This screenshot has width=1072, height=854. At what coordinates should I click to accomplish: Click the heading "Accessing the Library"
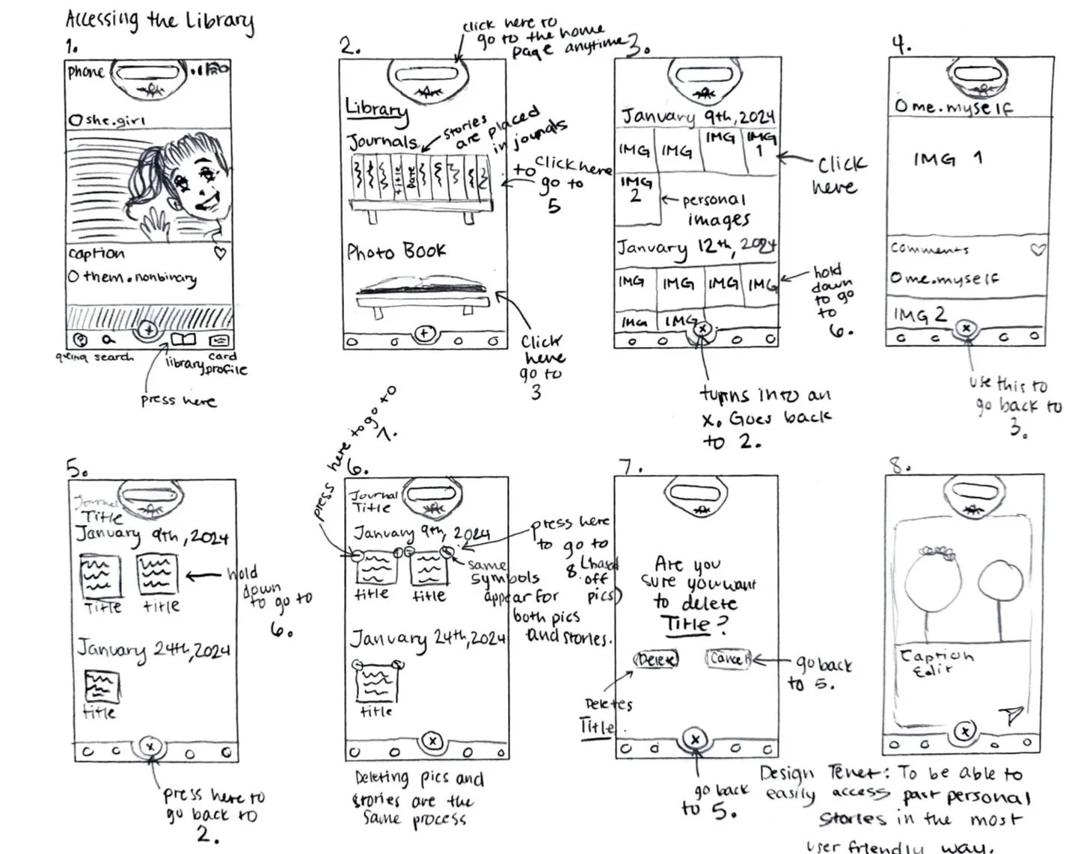point(159,22)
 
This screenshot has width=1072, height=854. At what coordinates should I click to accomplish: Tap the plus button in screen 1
point(148,329)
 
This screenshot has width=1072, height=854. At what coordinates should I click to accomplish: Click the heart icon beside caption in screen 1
point(220,254)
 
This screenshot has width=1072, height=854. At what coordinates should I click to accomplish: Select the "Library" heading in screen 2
point(376,109)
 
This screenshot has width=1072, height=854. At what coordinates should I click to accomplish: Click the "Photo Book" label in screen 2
point(396,251)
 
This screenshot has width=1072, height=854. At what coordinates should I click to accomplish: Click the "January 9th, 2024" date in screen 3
point(698,117)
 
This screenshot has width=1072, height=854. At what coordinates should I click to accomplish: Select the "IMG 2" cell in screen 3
point(636,190)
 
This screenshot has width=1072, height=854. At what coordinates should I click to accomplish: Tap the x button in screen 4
point(966,328)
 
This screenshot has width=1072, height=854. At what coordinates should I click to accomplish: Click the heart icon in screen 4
point(1038,249)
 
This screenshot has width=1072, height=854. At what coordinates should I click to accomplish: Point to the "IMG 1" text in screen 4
point(947,159)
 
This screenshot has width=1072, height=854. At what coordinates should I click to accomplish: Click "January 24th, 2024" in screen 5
point(153,649)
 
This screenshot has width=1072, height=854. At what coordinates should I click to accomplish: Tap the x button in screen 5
point(150,746)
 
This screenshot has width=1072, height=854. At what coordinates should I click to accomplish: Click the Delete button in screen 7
point(656,660)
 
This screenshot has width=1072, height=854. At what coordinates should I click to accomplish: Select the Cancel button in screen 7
point(727,659)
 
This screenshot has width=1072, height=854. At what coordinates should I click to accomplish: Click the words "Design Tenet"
point(823,773)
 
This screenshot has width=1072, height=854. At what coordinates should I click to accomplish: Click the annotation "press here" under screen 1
point(178,401)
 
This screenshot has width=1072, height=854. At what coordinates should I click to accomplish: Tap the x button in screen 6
point(432,741)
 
